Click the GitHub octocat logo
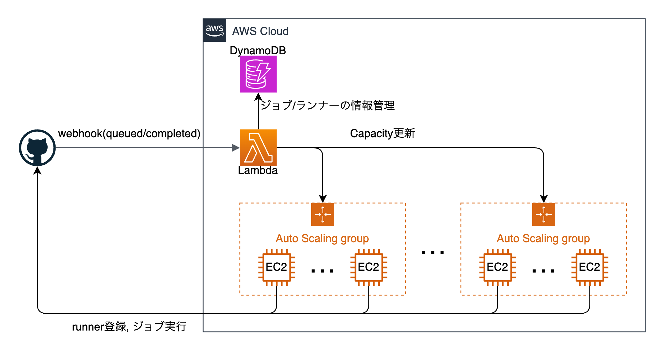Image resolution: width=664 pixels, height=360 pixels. point(37,148)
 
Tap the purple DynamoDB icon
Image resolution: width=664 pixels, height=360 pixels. point(258,74)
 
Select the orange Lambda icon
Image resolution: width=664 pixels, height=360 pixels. point(258,148)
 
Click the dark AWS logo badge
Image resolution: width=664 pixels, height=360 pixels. point(214,30)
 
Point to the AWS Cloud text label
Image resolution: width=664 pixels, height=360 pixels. point(260,31)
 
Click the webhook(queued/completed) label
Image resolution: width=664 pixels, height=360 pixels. point(129,134)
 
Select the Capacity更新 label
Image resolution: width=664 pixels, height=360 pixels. point(382,134)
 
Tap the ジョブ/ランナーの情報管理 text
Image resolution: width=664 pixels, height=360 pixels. point(328,106)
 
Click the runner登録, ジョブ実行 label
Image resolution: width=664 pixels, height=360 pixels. point(129,327)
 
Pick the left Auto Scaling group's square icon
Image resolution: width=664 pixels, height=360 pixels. point(323,214)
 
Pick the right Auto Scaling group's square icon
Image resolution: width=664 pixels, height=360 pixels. point(544,214)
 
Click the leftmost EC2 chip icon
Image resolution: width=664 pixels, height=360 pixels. point(277,267)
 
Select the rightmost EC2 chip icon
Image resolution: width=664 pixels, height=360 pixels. point(589,267)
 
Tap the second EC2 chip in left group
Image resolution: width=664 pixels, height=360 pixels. point(368,267)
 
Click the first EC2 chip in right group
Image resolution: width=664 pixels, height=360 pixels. point(497,267)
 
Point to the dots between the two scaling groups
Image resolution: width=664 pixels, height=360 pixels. point(433,253)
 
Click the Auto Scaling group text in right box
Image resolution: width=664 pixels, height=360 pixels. point(543,238)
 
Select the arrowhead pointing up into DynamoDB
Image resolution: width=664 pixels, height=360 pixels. point(258,97)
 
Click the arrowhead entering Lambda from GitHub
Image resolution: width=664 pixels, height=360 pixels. point(236,148)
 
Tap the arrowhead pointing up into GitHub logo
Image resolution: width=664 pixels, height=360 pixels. point(37,170)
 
